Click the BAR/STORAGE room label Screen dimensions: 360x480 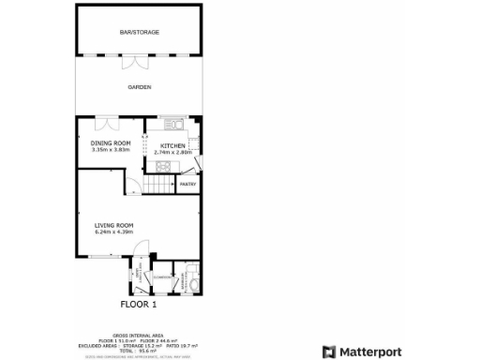139,33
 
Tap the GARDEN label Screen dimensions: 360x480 139,87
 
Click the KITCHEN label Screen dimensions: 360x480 173,145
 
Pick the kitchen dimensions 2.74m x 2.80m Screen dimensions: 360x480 173,152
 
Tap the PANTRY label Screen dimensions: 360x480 187,184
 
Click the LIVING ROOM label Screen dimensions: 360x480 113,225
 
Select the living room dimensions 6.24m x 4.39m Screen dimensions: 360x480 113,232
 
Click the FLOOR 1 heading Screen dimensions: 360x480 139,304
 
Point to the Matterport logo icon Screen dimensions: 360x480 328,352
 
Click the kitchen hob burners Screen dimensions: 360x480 160,168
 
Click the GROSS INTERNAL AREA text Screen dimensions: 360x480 139,334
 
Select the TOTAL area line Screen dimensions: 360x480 139,350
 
